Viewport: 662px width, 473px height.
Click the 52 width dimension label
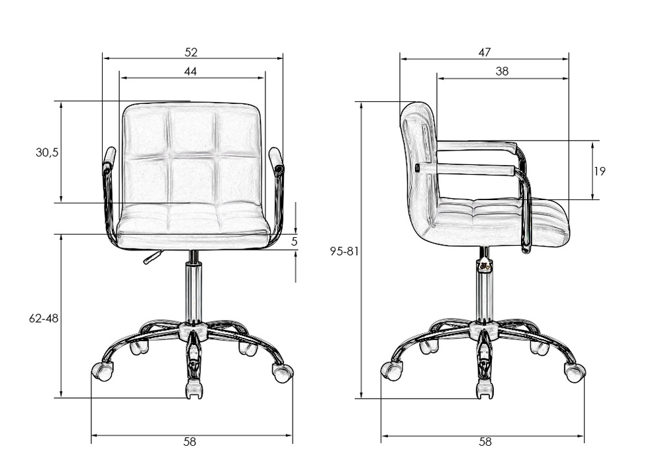[x=191, y=52]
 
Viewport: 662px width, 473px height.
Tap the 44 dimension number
[x=191, y=72]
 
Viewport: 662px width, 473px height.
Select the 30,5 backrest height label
[x=47, y=152]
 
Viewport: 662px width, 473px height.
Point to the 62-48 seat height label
[x=44, y=319]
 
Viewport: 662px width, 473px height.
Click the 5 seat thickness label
[x=295, y=242]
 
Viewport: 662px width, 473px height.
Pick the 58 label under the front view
[x=190, y=442]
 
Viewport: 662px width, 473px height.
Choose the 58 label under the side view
[x=485, y=442]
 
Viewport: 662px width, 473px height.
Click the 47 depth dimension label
[x=485, y=52]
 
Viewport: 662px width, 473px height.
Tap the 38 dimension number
[x=502, y=72]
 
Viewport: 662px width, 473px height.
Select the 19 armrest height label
[x=600, y=171]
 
